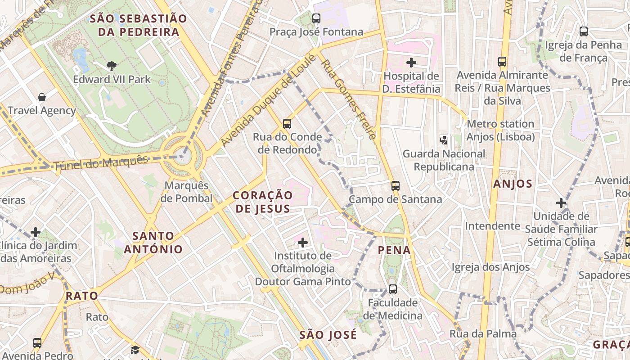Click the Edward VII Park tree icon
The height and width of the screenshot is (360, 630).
pos(111,66)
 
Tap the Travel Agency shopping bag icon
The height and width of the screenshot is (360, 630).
pos(42,97)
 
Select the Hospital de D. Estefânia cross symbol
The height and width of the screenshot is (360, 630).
pos(411,63)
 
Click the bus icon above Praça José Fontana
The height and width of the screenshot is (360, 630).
pos(316,18)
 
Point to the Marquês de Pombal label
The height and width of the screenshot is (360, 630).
pos(188,192)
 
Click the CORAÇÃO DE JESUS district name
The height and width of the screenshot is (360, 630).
pos(263,202)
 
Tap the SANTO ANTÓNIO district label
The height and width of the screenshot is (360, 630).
pos(153,243)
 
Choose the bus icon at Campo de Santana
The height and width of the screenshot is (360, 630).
pos(396,185)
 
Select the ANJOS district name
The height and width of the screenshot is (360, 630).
pos(513,184)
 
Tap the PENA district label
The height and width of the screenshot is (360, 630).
pos(394,250)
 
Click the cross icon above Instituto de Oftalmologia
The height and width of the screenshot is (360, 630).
pos(303,243)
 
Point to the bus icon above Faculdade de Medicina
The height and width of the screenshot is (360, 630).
pos(393,289)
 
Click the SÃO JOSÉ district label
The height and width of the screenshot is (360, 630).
pos(328,335)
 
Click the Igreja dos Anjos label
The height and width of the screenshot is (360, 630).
pos(490,267)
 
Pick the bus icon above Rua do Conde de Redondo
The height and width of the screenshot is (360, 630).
pos(287,123)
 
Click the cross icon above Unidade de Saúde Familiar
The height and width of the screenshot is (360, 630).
pos(561,203)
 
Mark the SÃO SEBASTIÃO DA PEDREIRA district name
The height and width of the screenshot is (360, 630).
pos(138,25)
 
